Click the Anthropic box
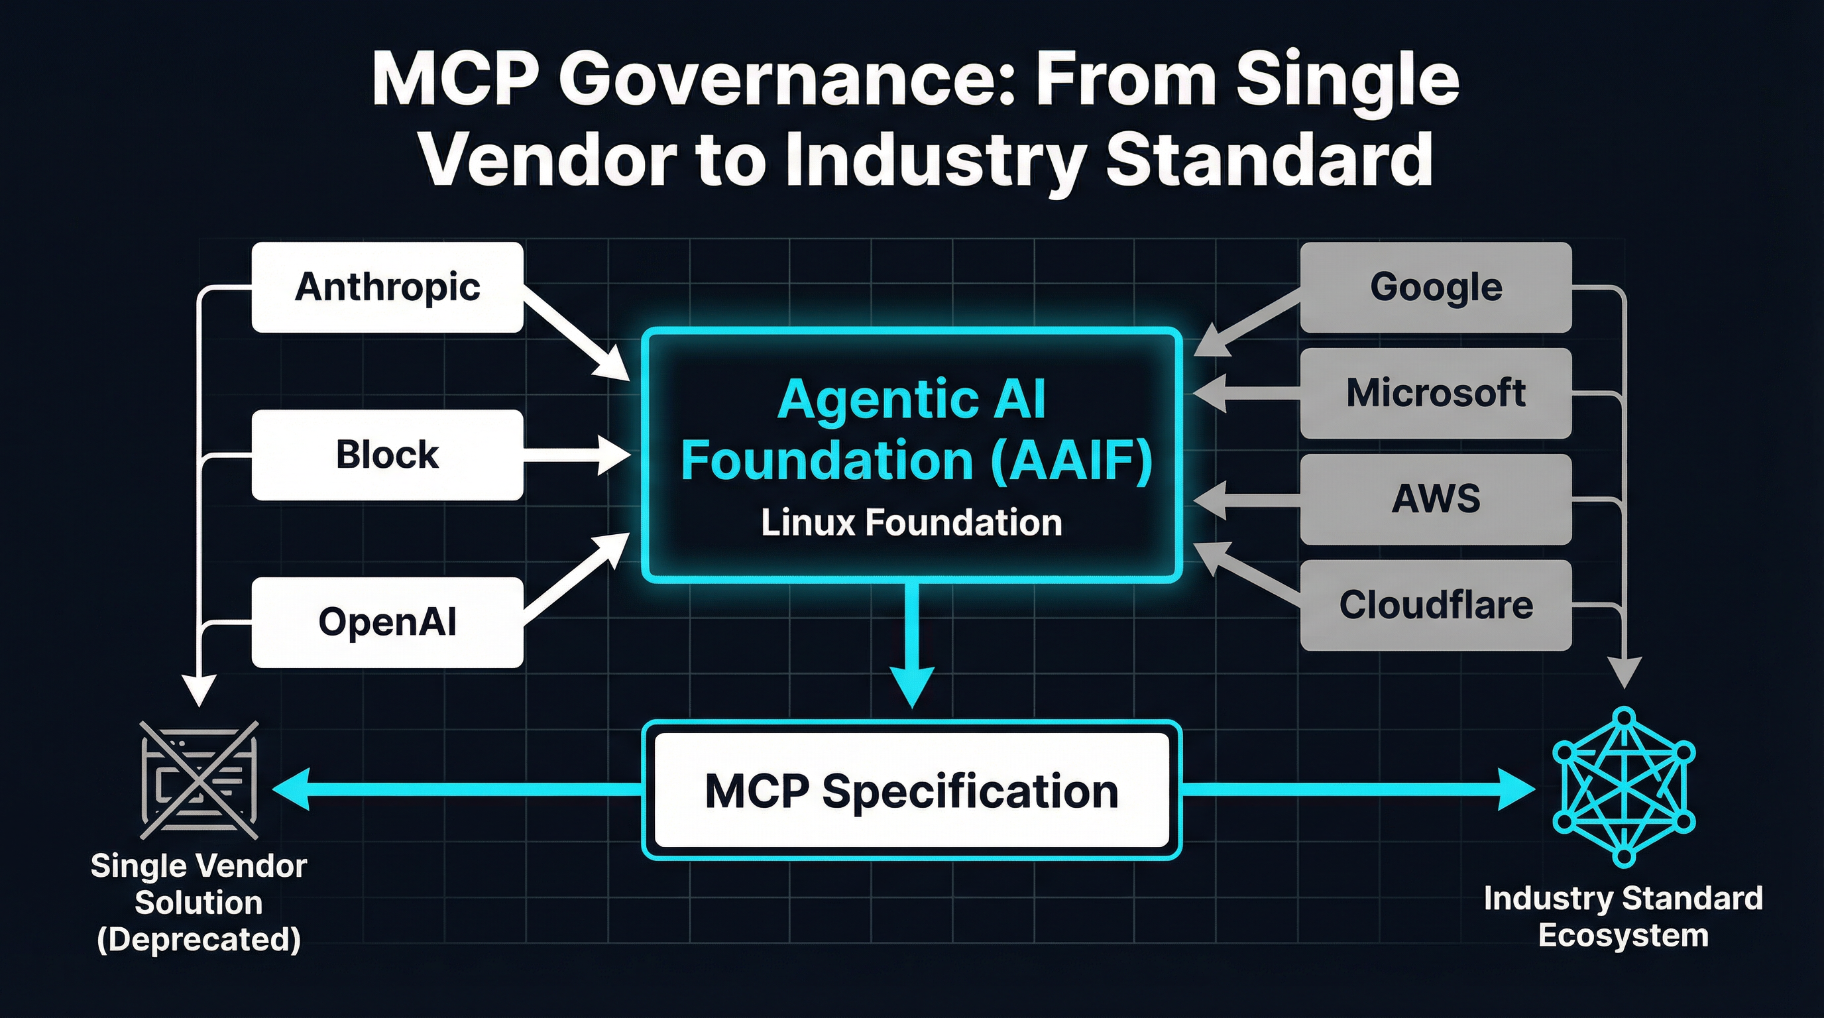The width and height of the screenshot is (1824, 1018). (x=387, y=288)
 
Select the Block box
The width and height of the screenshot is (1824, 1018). (x=387, y=455)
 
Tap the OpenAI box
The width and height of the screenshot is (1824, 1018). (x=387, y=622)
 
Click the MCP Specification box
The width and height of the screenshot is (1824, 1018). (x=911, y=790)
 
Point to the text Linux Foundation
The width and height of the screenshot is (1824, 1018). (x=911, y=523)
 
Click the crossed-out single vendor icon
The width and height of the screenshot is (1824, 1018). (x=199, y=780)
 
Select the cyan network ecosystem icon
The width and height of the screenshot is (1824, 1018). (x=1624, y=786)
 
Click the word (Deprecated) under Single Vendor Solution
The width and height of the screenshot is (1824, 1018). (x=199, y=939)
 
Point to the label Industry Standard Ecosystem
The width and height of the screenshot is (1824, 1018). (x=1623, y=917)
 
